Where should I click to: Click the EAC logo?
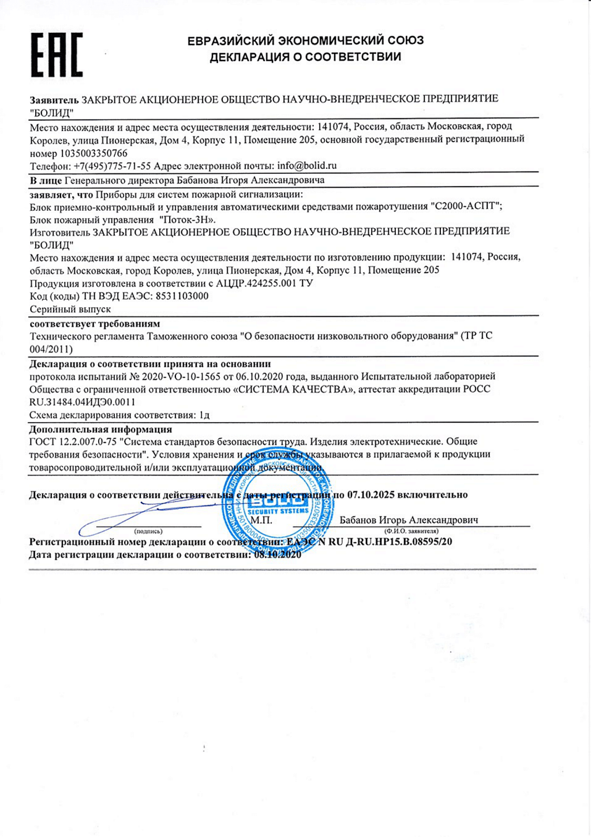coord(57,55)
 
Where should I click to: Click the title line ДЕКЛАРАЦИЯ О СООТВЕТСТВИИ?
coord(305,57)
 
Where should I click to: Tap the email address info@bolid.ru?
coord(306,166)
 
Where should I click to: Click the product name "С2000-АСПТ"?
coord(467,206)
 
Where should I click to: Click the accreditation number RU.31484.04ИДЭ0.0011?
coord(82,402)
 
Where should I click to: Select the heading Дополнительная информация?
coord(100,429)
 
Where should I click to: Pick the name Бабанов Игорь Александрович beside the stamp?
coord(409,520)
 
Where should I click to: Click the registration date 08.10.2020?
coord(278,555)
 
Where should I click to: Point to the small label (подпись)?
coord(148,531)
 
